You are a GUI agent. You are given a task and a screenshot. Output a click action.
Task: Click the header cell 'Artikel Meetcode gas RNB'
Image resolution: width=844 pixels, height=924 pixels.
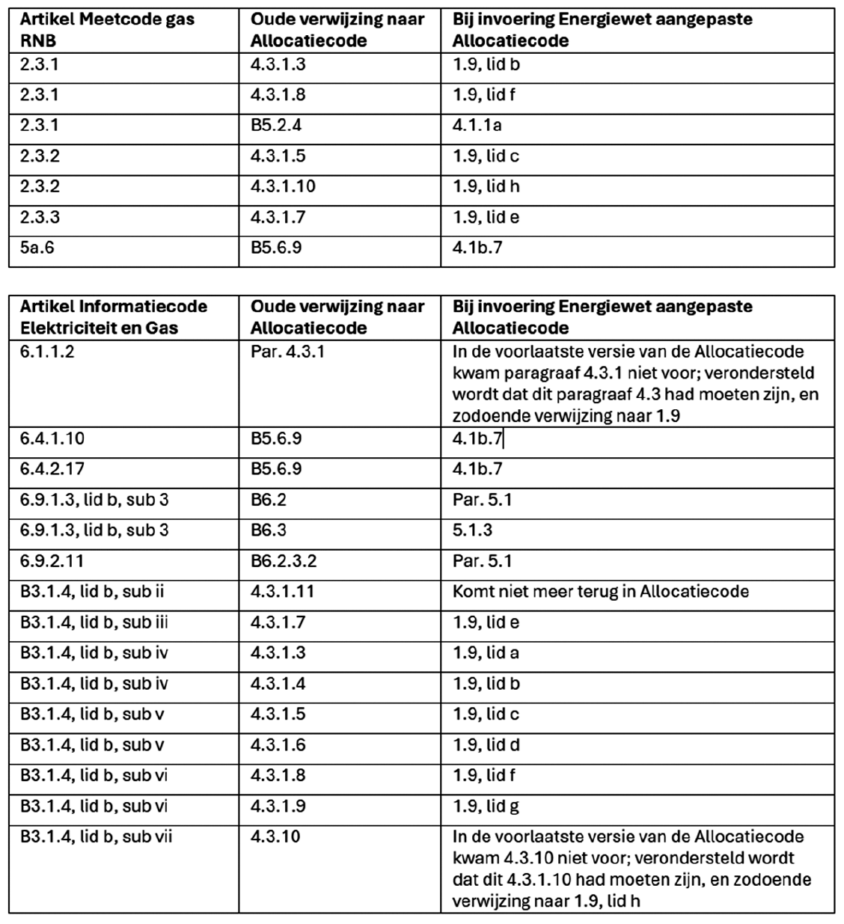pos(107,30)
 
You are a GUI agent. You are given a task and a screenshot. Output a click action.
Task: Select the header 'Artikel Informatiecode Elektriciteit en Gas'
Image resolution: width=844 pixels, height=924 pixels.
pos(114,317)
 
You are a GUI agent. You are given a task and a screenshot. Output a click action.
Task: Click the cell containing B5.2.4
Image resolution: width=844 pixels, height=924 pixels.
pos(276,126)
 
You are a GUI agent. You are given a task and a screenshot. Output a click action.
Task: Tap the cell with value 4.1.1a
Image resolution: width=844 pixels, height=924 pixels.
pos(477,126)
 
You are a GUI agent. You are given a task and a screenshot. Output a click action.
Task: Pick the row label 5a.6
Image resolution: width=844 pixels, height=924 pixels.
pos(37,248)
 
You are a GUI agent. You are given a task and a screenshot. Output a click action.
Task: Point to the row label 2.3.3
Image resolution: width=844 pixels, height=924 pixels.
pos(40,217)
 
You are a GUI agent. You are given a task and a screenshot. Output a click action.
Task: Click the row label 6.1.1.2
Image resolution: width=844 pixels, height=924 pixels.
pos(47,352)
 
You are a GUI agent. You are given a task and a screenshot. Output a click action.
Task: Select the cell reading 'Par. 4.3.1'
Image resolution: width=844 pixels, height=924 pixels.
pos(287,352)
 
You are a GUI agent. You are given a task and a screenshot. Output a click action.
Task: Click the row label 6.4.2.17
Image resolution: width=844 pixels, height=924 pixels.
pos(52,469)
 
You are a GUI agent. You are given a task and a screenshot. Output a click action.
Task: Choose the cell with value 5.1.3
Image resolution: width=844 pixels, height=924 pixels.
pos(472,530)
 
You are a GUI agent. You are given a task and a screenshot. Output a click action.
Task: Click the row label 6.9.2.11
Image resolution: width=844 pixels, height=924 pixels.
pos(52,561)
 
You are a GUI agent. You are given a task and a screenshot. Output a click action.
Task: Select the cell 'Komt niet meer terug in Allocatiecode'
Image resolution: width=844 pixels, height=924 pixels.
pos(600,592)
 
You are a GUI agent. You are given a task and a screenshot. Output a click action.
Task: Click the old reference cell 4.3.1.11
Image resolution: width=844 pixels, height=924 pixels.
pos(283,592)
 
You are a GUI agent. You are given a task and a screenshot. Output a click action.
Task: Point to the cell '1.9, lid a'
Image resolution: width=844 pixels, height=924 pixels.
pos(486,653)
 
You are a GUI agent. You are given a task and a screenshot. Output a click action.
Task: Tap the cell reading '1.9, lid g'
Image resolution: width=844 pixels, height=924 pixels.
pos(486,807)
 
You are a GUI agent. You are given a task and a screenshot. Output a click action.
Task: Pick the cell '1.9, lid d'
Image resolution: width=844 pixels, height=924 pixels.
pos(486,745)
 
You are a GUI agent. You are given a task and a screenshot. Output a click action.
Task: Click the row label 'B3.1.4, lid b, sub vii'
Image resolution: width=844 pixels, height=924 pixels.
pos(96,836)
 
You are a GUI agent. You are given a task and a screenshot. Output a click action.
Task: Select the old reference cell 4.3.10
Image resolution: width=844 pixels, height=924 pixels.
pos(275,836)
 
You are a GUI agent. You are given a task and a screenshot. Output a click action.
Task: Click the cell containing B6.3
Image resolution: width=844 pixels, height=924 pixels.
pos(269,530)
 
